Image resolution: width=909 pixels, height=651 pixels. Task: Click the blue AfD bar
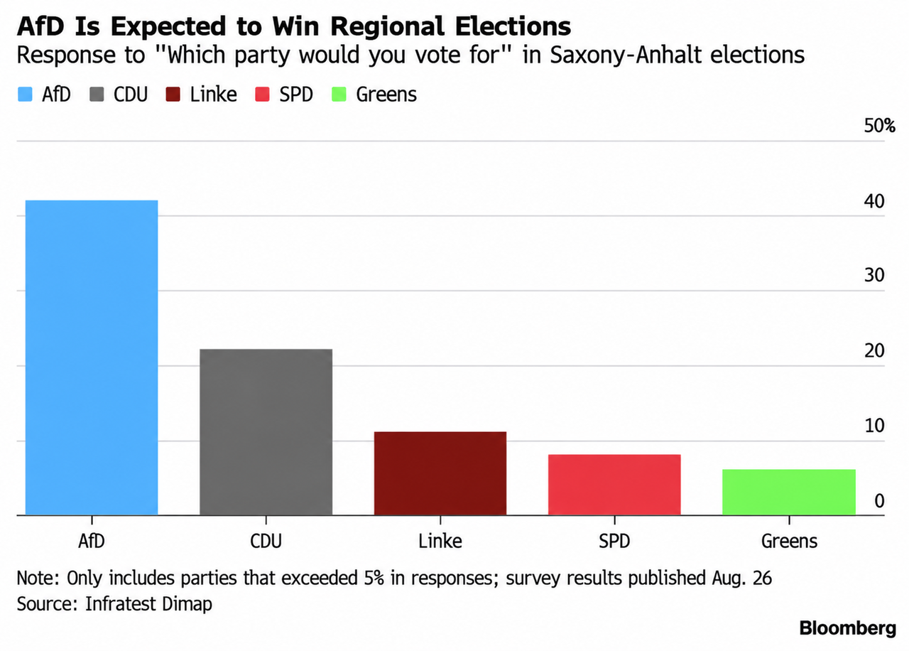pos(92,357)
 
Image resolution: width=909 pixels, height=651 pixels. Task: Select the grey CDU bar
pos(266,431)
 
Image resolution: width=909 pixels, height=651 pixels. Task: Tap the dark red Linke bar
pos(440,473)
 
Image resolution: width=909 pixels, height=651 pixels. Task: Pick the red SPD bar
pos(614,485)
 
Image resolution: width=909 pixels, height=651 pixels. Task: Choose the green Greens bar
pos(789,493)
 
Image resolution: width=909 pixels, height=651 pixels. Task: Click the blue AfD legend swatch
pos(25,95)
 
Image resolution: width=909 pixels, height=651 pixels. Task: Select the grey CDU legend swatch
pos(97,95)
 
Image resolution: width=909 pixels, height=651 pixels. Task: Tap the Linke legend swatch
pos(173,95)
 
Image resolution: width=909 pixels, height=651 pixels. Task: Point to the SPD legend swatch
pos(262,95)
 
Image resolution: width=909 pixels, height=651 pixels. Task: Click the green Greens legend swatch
pos(339,95)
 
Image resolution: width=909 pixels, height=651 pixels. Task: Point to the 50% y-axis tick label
pos(879,126)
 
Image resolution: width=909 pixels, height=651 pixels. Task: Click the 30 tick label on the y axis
pos(874,275)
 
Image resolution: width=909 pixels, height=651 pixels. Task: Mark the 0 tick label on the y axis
pos(879,501)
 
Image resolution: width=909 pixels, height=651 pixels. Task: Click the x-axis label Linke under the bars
pos(440,542)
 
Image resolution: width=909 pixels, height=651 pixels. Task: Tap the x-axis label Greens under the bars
pos(789,542)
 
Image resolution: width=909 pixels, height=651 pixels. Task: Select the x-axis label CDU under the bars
pos(266,542)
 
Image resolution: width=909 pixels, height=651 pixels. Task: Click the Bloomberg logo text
pos(848,628)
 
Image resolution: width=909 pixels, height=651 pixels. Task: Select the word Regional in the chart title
pos(388,26)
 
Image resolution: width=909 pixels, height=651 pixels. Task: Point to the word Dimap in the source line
pos(187,604)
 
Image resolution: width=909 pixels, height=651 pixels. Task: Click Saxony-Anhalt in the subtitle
pos(626,55)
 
